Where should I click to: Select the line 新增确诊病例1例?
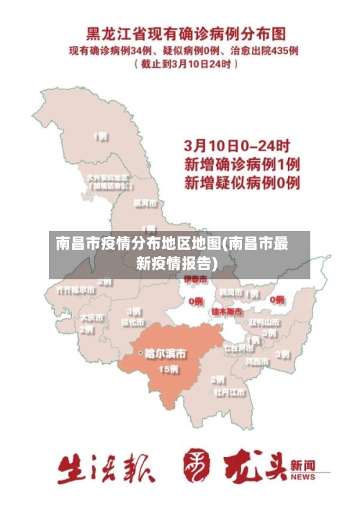[242, 164]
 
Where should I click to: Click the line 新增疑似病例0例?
[242, 183]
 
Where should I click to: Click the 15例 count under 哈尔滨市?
[168, 369]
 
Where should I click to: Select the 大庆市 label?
[91, 317]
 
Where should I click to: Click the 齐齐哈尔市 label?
[76, 290]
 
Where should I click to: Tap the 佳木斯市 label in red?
[228, 312]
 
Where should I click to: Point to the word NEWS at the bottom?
[303, 477]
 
